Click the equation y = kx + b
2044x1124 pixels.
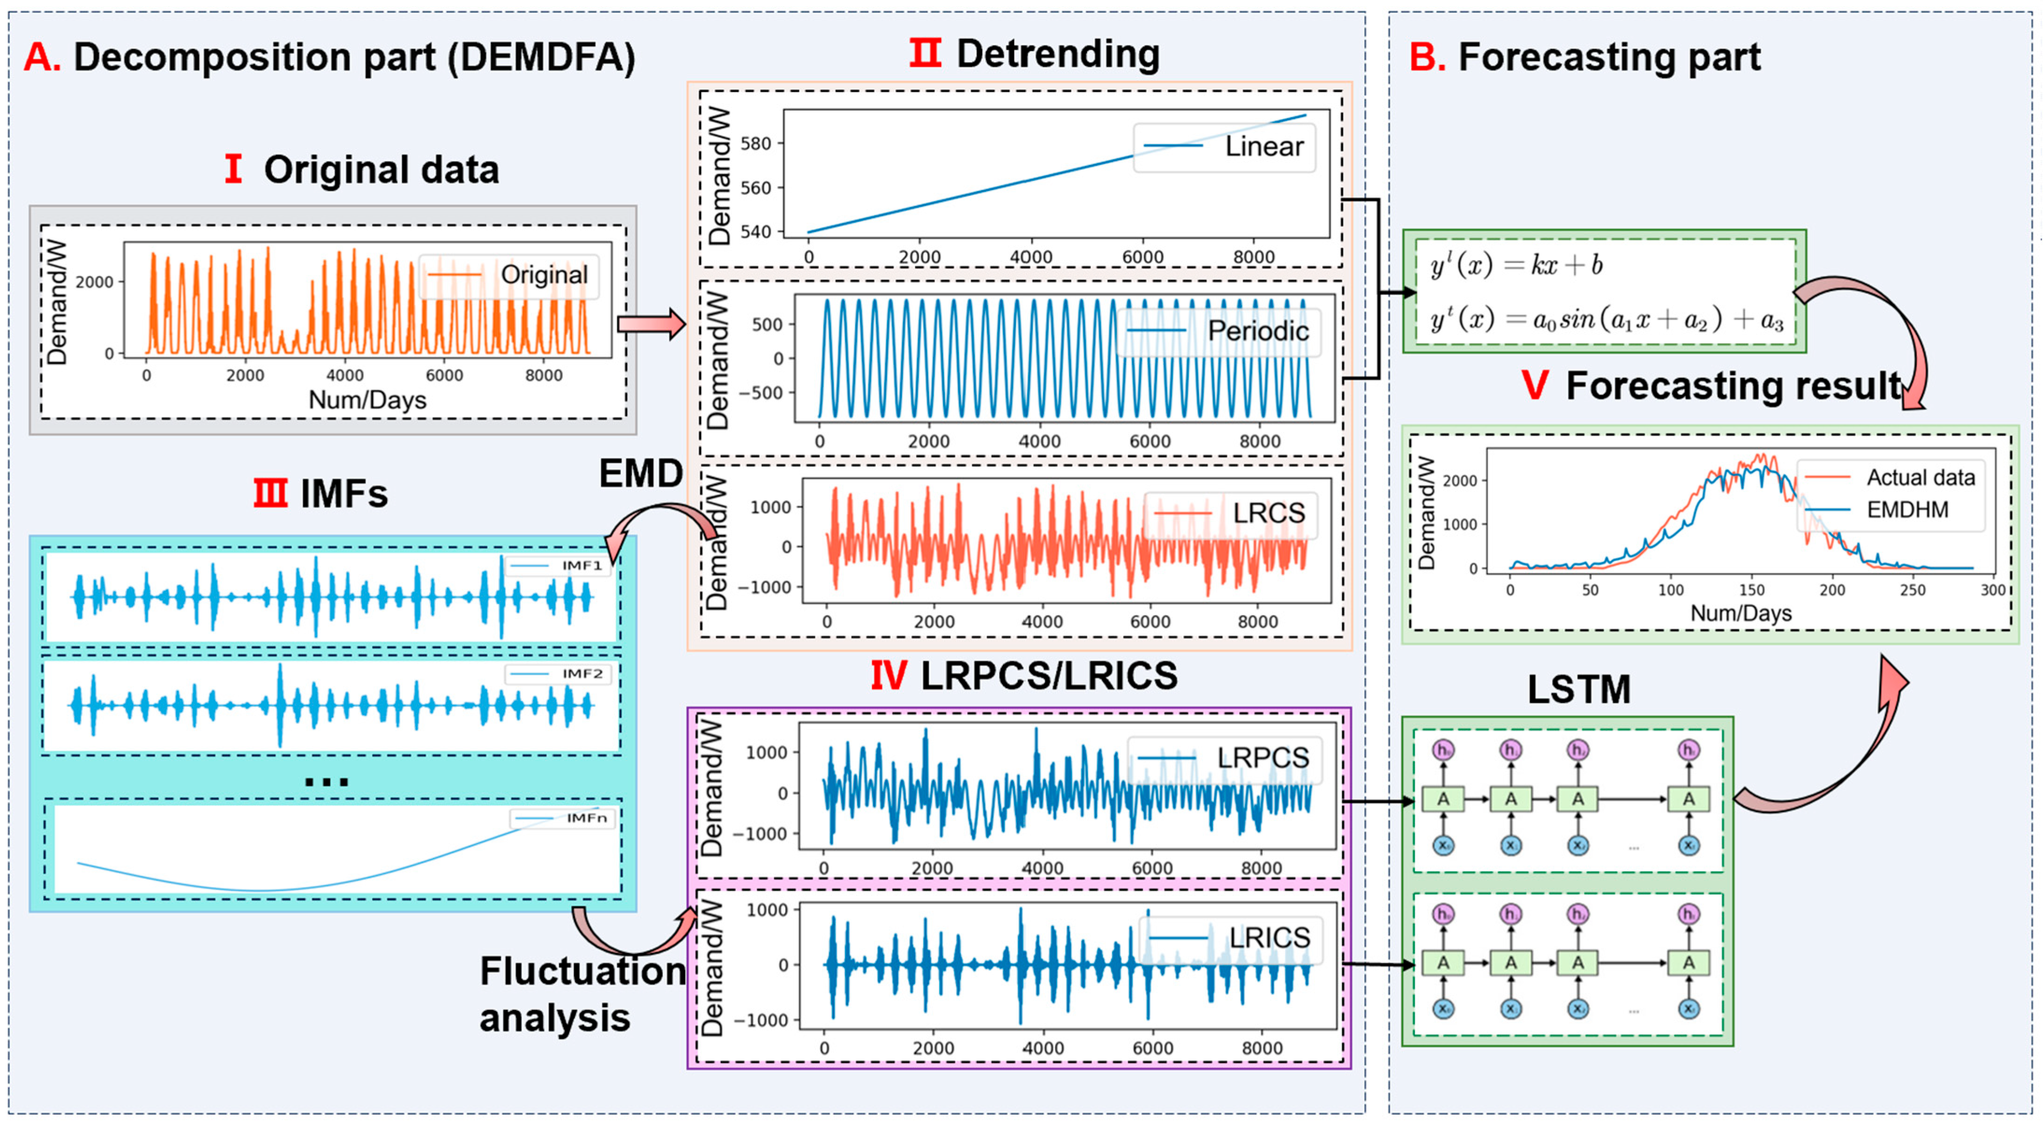pos(1516,265)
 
